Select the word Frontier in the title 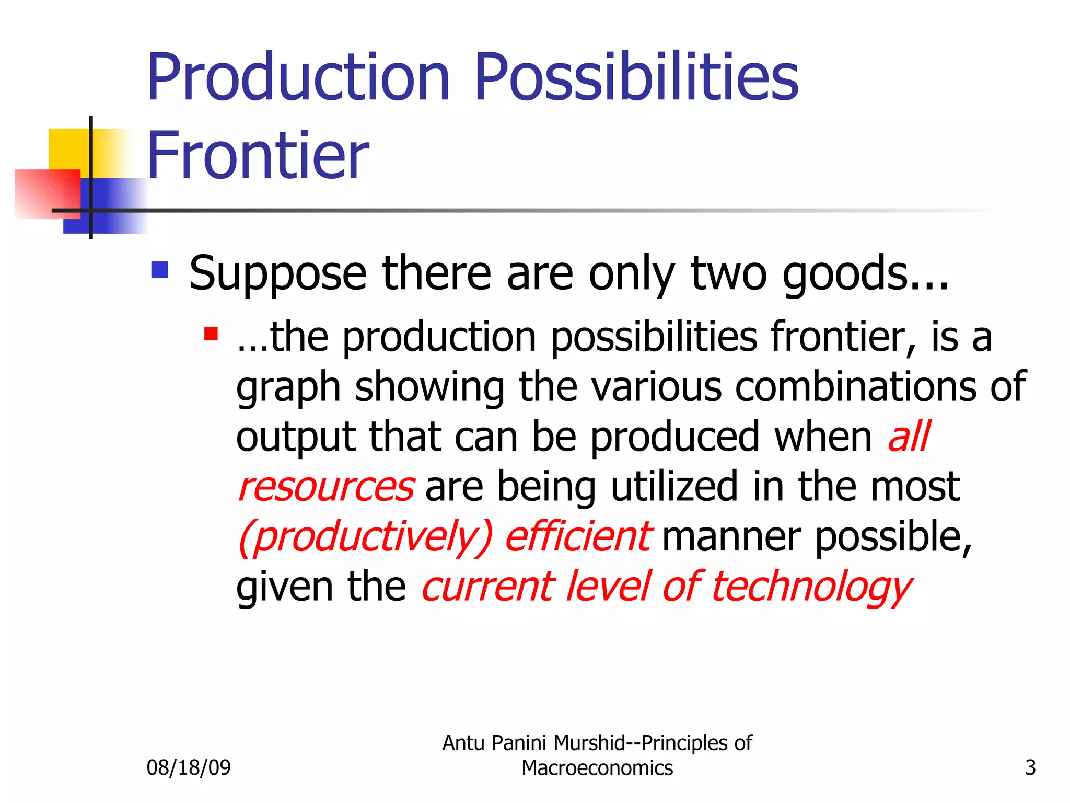pyautogui.click(x=258, y=156)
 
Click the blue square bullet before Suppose pyautogui.click(x=159, y=270)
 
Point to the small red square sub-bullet pyautogui.click(x=211, y=334)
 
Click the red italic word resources pyautogui.click(x=327, y=487)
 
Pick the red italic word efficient pyautogui.click(x=578, y=537)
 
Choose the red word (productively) pyautogui.click(x=365, y=537)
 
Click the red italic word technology pyautogui.click(x=811, y=587)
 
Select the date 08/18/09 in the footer pyautogui.click(x=189, y=767)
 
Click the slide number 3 pyautogui.click(x=1030, y=767)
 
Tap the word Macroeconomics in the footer pyautogui.click(x=597, y=768)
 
